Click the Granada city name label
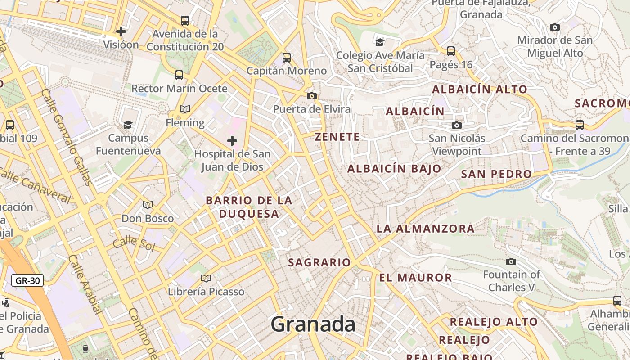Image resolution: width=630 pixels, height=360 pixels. [313, 324]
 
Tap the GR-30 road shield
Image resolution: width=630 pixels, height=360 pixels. [27, 281]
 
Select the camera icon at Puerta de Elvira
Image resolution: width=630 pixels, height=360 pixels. [311, 96]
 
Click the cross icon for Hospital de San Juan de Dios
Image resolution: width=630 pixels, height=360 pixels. [232, 141]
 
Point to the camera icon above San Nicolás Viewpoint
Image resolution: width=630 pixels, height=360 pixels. [457, 125]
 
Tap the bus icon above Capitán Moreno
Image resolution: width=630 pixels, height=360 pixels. [286, 58]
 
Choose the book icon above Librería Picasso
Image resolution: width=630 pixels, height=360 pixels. [206, 279]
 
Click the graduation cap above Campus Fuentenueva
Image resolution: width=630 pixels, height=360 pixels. [128, 125]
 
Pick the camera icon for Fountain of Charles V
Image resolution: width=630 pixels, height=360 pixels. [511, 261]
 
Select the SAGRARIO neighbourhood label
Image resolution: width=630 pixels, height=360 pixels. [319, 262]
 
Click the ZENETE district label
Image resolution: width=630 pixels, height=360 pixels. [337, 137]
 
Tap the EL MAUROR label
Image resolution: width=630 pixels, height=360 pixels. [415, 278]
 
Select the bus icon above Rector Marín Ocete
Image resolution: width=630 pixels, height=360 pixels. [179, 75]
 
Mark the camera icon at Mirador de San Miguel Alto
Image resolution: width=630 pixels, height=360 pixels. [555, 27]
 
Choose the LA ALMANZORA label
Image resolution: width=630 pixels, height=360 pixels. [425, 229]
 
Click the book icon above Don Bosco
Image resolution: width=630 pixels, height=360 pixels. [148, 205]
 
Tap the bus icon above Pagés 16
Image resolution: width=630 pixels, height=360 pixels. [451, 51]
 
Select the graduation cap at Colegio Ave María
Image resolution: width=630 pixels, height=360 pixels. [380, 42]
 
